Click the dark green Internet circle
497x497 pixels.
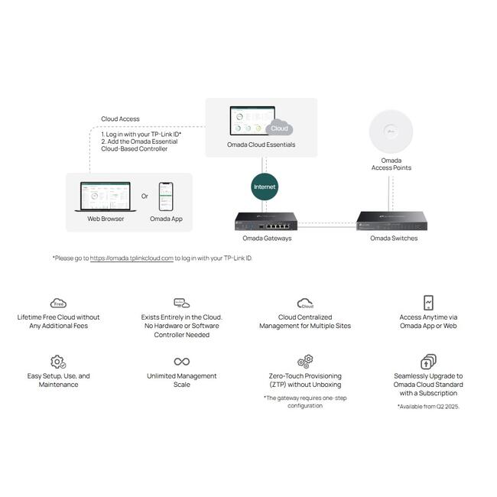click(x=265, y=187)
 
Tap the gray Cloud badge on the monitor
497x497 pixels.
click(x=279, y=128)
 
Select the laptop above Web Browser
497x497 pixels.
click(x=106, y=197)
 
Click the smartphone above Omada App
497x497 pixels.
click(x=166, y=197)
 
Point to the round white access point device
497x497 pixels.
click(x=391, y=132)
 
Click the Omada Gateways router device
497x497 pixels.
click(x=266, y=221)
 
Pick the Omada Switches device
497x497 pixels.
click(x=391, y=221)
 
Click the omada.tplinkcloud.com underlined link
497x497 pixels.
click(x=132, y=258)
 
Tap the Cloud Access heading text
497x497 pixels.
click(x=120, y=119)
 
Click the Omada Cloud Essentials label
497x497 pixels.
click(x=261, y=145)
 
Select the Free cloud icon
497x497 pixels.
click(x=58, y=303)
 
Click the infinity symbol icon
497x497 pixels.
click(x=182, y=362)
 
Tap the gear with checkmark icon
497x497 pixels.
click(x=58, y=362)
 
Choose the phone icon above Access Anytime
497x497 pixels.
click(x=428, y=302)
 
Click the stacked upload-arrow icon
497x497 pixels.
click(x=428, y=362)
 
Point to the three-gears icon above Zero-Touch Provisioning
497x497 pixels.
click(x=305, y=362)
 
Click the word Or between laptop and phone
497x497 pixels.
click(x=145, y=197)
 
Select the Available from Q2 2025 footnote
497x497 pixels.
click(x=428, y=406)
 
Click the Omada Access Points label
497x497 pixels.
click(x=391, y=164)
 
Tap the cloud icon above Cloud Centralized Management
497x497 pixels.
click(x=305, y=304)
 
